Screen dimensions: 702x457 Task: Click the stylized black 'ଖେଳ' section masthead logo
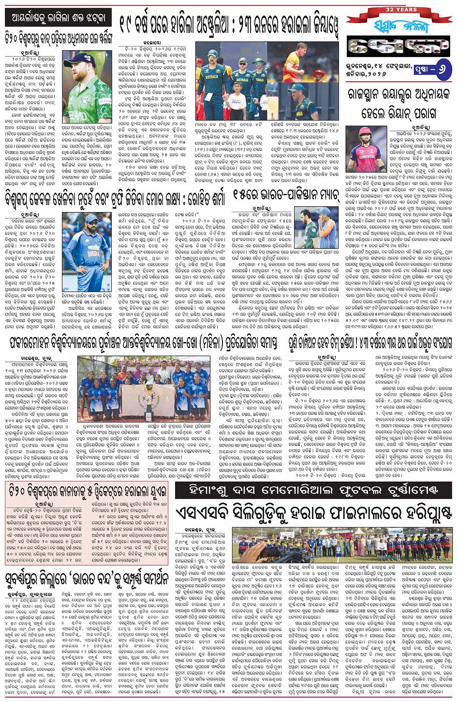click(398, 48)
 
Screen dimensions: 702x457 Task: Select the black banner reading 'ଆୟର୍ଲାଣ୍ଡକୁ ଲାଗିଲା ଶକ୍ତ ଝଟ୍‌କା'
click(58, 18)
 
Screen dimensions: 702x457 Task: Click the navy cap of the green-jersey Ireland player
click(79, 59)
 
